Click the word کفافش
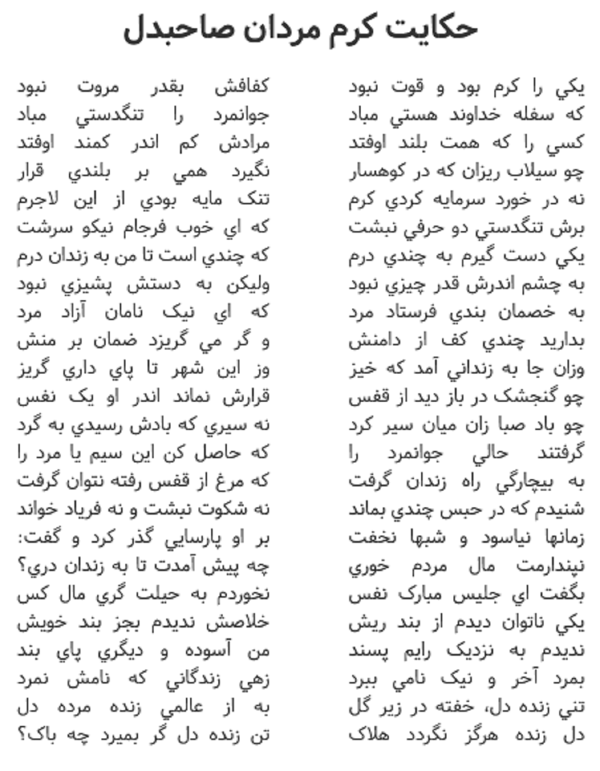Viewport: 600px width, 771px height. point(243,87)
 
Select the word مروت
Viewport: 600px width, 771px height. point(98,87)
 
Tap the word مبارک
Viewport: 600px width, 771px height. point(424,595)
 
